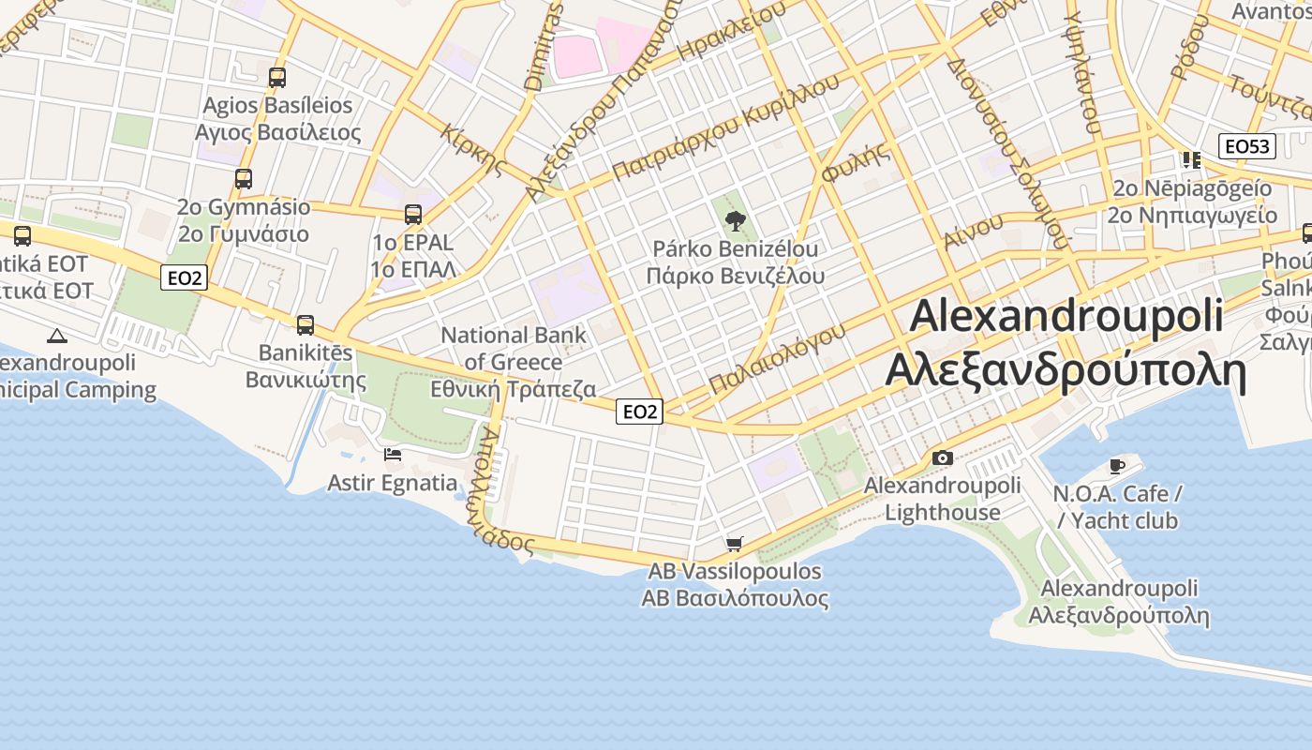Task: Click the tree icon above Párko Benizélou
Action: click(x=736, y=221)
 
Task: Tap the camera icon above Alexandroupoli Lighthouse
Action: click(x=943, y=458)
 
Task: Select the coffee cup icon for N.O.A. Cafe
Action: click(x=1116, y=466)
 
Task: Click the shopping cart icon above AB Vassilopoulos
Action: click(x=735, y=544)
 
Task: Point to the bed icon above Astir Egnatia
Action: click(x=393, y=455)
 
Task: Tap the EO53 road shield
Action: click(x=1247, y=146)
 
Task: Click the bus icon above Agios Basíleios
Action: click(x=276, y=78)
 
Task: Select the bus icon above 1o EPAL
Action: click(x=413, y=215)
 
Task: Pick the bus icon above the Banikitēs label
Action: click(x=306, y=325)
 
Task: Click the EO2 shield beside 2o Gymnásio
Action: click(x=184, y=277)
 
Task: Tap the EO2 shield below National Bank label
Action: click(x=640, y=412)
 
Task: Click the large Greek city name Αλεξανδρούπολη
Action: click(x=1066, y=372)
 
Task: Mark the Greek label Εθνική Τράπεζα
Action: click(x=513, y=389)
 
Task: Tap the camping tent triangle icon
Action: click(x=57, y=336)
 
